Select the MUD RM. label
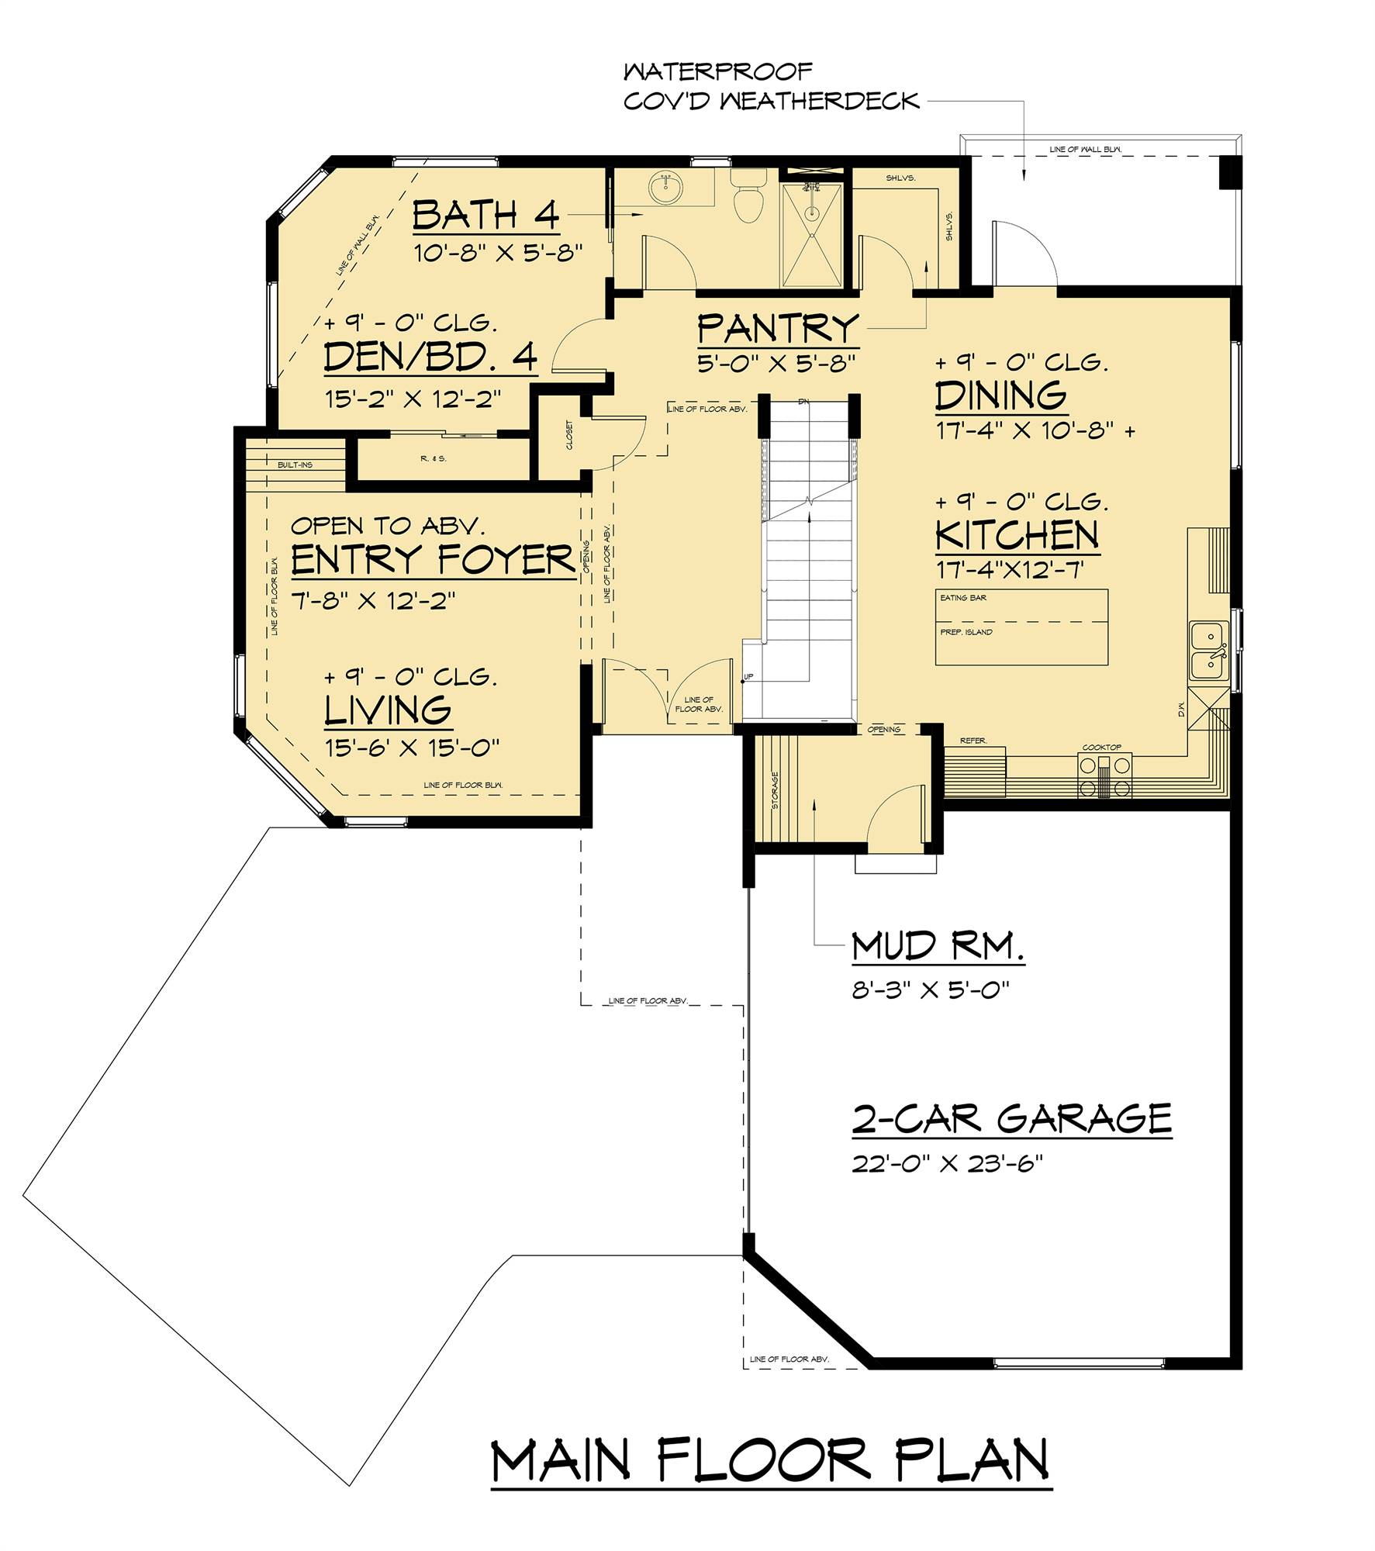click(x=938, y=947)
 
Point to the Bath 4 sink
click(x=665, y=188)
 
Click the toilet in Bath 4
click(x=748, y=199)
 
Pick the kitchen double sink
click(x=1207, y=651)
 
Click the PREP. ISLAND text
click(x=966, y=632)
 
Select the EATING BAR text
click(x=963, y=598)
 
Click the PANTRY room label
click(x=778, y=329)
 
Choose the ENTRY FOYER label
click(x=432, y=560)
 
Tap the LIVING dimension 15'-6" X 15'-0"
click(x=411, y=747)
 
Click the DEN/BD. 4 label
click(x=430, y=358)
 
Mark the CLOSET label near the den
click(x=571, y=436)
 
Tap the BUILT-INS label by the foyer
click(x=295, y=465)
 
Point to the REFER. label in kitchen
click(x=973, y=741)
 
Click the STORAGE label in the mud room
click(x=775, y=790)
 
